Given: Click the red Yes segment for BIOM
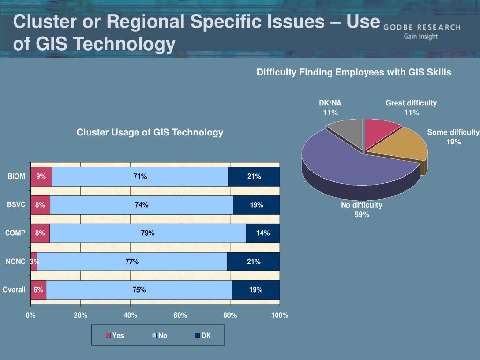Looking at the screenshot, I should (x=41, y=177).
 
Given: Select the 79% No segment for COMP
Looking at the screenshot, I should (x=148, y=233).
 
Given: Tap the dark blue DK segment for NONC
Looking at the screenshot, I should (x=254, y=262).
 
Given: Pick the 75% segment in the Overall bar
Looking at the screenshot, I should (x=139, y=290).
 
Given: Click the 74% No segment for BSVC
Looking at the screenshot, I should (x=141, y=205).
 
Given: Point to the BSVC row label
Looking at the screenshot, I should (x=16, y=205).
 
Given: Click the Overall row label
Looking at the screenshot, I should (x=14, y=290).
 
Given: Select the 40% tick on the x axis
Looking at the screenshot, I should (x=130, y=315).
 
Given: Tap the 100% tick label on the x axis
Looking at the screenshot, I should (x=280, y=315).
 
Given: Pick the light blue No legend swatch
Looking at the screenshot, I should (x=154, y=336).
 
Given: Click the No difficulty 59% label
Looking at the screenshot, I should (x=361, y=210).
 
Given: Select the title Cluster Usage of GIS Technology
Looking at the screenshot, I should (x=150, y=133).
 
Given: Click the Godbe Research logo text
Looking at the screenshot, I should (x=422, y=31).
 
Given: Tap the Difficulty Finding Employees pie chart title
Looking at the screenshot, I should (x=354, y=72).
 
